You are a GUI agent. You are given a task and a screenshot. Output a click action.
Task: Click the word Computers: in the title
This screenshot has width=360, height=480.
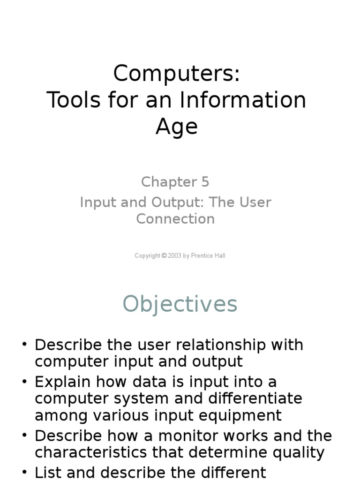tap(176, 74)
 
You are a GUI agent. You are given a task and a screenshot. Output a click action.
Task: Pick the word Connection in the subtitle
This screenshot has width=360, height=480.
tap(175, 219)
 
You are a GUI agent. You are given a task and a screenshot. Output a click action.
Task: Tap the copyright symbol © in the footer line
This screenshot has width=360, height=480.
tap(164, 256)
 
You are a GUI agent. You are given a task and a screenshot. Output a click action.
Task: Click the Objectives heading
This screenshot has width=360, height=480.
tap(180, 304)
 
